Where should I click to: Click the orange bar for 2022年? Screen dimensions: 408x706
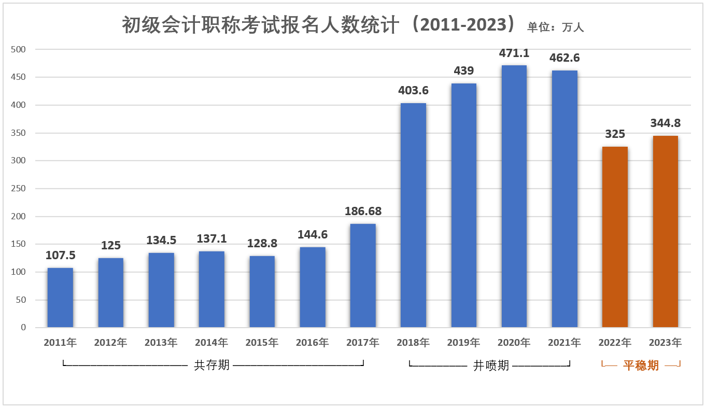tap(615, 237)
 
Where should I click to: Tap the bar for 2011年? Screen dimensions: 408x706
tap(60, 298)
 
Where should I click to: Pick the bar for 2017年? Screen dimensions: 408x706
tap(363, 275)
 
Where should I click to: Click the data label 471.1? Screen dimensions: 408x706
tap(514, 53)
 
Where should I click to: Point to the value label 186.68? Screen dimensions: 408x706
tap(363, 212)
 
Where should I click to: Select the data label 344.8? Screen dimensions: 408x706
tap(665, 123)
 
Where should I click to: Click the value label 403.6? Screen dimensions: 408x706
tap(413, 91)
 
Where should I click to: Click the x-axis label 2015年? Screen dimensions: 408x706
tap(262, 343)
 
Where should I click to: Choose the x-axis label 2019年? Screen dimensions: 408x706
tap(463, 343)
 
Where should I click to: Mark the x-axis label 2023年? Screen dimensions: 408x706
tap(665, 343)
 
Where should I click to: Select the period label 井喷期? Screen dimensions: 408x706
tap(491, 365)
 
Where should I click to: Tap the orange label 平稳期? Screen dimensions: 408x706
tap(641, 365)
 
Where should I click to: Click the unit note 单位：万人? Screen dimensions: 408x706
tap(556, 27)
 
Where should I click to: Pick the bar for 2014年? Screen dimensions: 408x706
tap(211, 289)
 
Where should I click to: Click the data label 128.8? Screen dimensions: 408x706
tap(262, 244)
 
